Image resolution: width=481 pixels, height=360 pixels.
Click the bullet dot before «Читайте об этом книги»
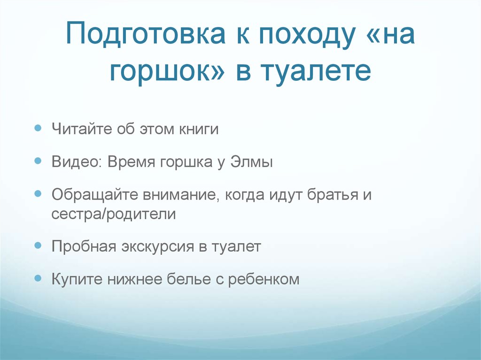[38, 128]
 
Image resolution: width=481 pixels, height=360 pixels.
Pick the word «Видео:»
[78, 162]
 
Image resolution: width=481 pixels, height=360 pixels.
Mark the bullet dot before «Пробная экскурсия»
[38, 245]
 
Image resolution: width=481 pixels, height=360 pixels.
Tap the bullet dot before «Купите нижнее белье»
[38, 278]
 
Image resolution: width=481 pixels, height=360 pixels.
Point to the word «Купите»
[78, 280]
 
